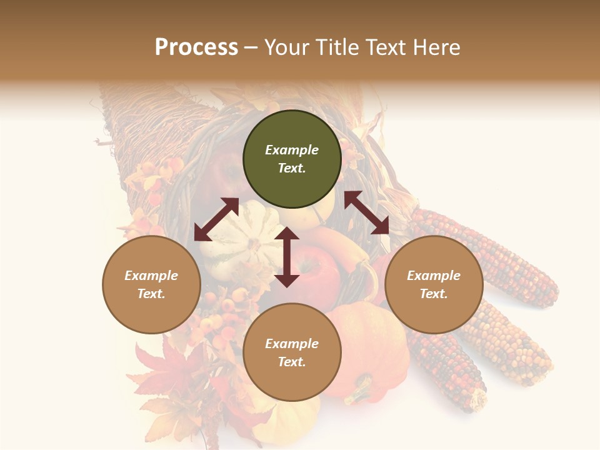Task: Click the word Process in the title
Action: click(196, 47)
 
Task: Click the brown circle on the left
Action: click(151, 284)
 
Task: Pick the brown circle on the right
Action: click(434, 284)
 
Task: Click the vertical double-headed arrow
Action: click(287, 257)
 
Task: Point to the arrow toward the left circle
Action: click(216, 219)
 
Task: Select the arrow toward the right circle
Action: click(367, 212)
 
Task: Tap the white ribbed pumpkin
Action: click(241, 234)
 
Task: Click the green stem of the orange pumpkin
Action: click(360, 392)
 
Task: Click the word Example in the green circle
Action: click(292, 150)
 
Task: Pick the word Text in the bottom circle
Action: click(292, 362)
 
